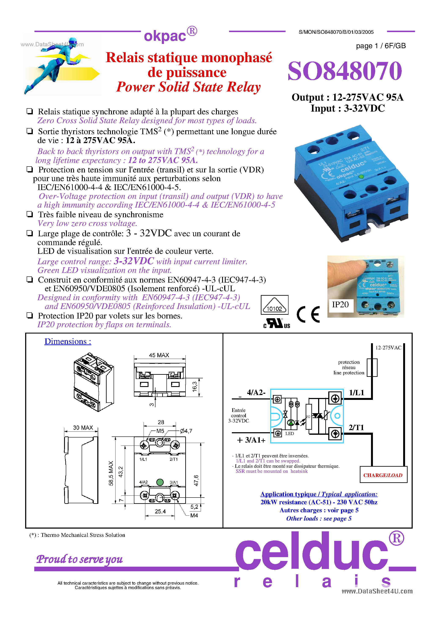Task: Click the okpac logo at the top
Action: tap(170, 35)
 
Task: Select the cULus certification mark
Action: tap(277, 323)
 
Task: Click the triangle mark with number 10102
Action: tap(274, 305)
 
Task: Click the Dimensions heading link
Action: tap(68, 341)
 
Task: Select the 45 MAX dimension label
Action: tap(159, 355)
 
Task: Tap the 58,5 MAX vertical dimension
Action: tap(111, 473)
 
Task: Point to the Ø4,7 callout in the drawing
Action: tap(186, 431)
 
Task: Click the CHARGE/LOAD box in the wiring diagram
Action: tap(383, 475)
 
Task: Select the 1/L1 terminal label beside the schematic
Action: tap(356, 393)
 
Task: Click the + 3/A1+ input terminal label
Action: tap(251, 440)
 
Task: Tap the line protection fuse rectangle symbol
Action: tap(372, 367)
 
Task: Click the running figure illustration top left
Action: tap(62, 65)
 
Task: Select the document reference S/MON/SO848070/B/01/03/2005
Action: tap(336, 32)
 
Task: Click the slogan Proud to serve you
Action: tap(80, 559)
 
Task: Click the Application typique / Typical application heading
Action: tap(319, 494)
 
